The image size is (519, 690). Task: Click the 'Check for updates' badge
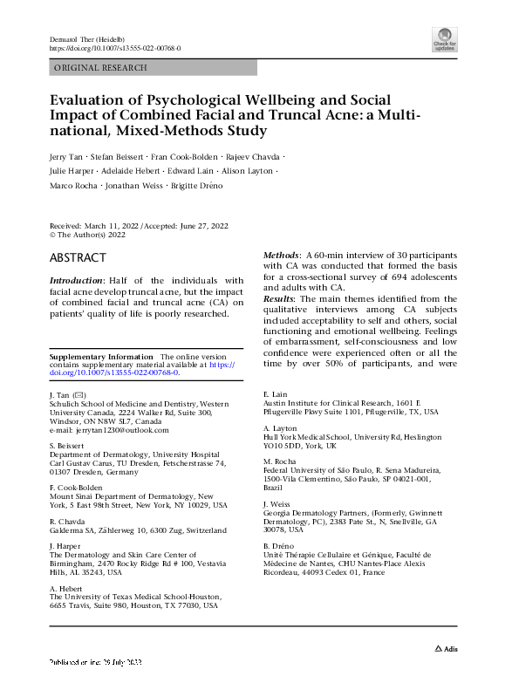(x=444, y=38)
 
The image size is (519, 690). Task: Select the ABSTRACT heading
(x=79, y=258)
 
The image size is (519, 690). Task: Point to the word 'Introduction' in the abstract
(x=77, y=281)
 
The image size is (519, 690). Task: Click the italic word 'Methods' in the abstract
(x=283, y=254)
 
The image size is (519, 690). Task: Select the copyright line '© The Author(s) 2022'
(x=88, y=235)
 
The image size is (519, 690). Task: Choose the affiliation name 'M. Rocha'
(x=280, y=461)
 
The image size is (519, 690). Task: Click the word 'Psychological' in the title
(x=186, y=99)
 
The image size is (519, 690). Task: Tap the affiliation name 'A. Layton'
(x=281, y=428)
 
